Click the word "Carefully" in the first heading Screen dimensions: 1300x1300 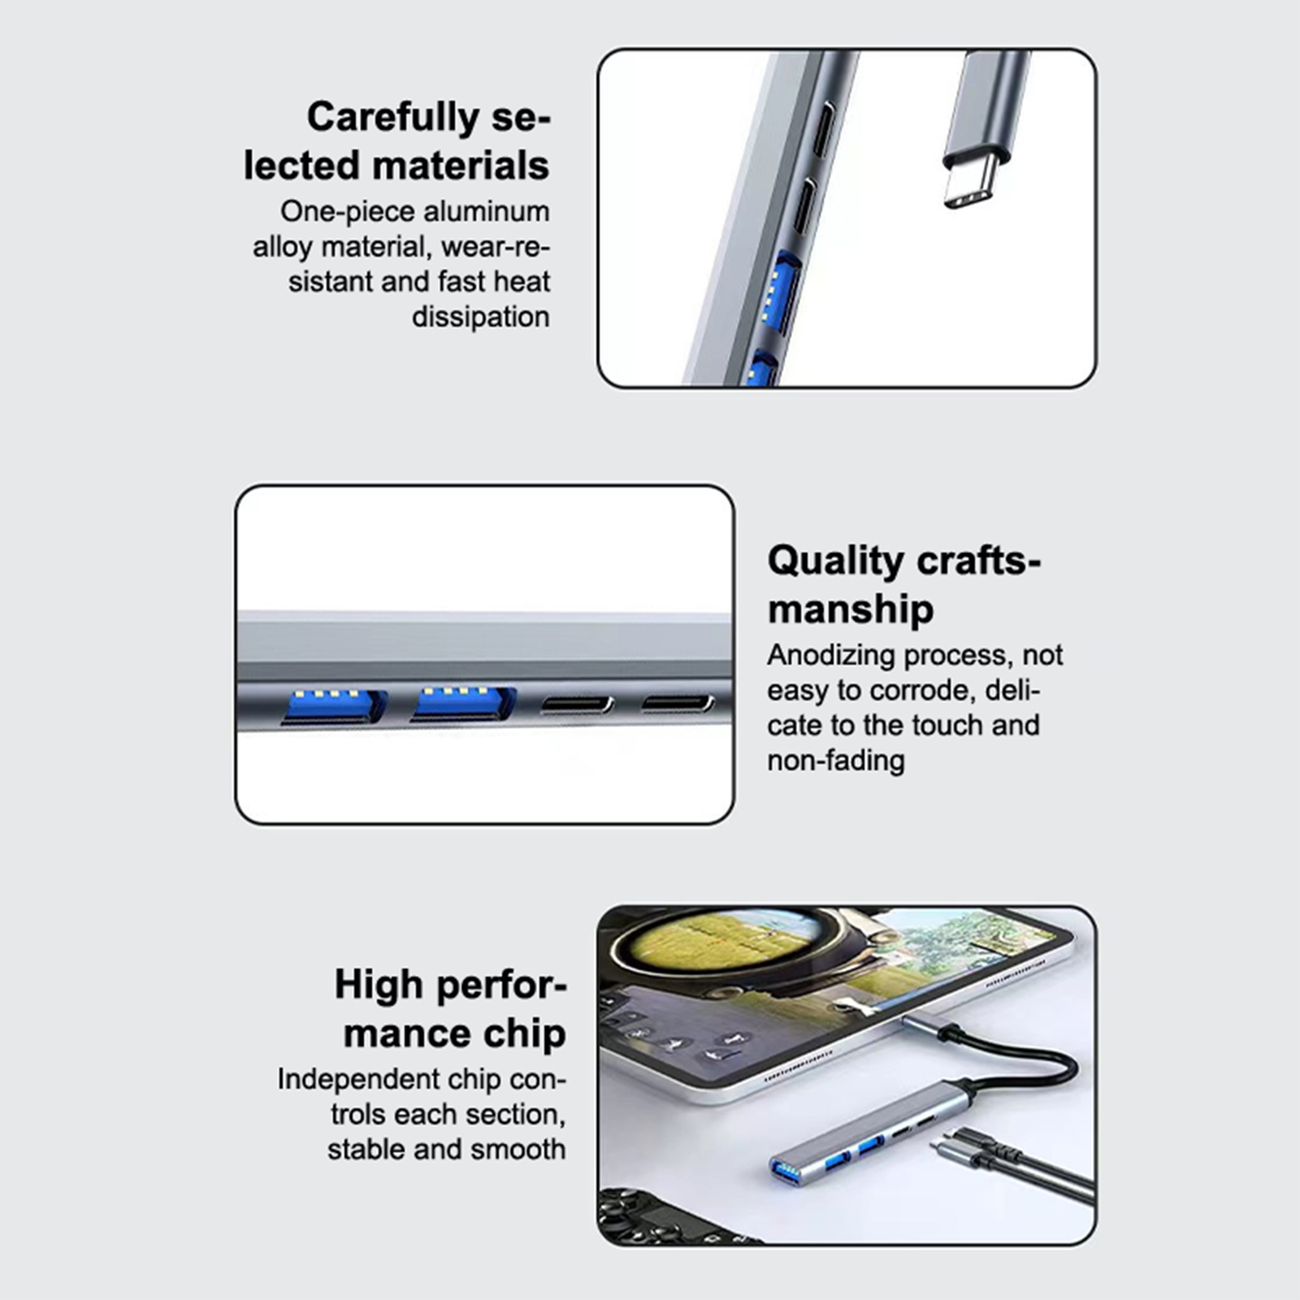(x=394, y=119)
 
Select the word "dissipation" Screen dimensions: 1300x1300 (x=480, y=316)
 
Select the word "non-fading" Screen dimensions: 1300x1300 (x=836, y=760)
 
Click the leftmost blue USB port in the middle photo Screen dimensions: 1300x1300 (x=333, y=706)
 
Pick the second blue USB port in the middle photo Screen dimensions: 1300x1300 (x=464, y=704)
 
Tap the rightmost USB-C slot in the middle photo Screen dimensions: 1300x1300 (x=678, y=704)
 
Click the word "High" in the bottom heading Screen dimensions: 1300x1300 (x=379, y=986)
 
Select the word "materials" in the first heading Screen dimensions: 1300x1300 (x=461, y=166)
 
